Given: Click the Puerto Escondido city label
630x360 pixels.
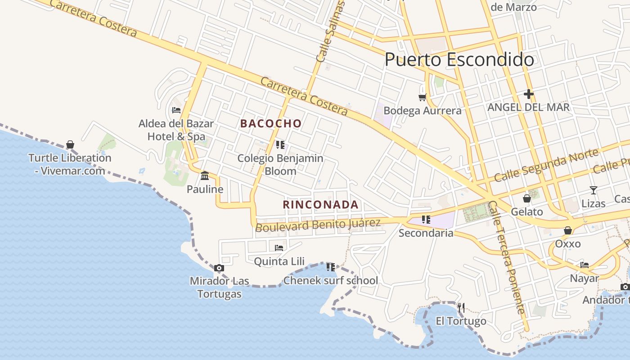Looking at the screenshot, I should coord(459,60).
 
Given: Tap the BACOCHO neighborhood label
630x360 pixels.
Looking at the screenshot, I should coord(271,123).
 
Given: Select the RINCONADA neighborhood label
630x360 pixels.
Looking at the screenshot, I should coord(320,205).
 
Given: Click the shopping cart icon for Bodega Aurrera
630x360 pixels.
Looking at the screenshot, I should coord(422,97).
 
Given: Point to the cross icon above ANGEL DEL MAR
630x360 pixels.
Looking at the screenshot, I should coord(529,94).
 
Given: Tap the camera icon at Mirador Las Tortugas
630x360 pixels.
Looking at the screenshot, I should coord(219,268).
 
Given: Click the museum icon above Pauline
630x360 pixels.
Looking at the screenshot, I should coord(205,175).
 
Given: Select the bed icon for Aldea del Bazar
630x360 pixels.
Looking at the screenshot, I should coord(176,110).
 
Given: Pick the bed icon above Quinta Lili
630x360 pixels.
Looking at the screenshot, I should coord(279,247).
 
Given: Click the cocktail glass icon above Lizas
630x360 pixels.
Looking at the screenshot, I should coord(594,190).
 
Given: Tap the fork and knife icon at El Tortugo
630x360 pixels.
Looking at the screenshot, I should coord(461,308).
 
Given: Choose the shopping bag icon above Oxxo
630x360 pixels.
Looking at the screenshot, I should coord(568,230).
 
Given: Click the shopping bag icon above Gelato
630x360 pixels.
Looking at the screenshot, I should coord(527,198).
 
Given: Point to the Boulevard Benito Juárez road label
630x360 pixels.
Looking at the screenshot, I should coord(318,224).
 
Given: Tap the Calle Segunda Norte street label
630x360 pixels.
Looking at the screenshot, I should coord(546,165).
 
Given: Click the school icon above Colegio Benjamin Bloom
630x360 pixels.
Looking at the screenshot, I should coord(280,144).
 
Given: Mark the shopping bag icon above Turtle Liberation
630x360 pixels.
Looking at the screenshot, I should coord(70,144).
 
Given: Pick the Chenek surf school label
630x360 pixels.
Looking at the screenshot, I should coord(331,281).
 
